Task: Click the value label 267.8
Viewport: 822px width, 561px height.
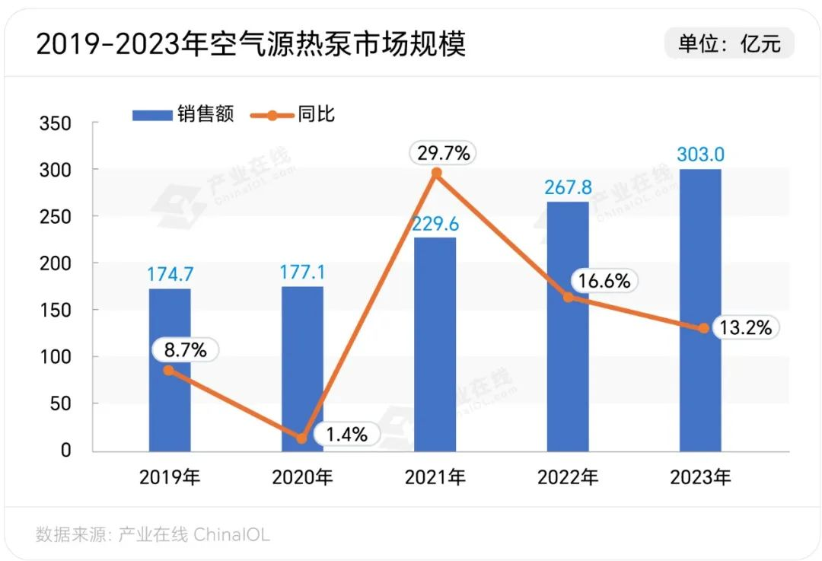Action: tap(568, 187)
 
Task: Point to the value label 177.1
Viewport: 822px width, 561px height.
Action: tap(302, 272)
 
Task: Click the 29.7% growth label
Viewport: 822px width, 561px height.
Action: tap(444, 153)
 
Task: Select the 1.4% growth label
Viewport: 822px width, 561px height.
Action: tap(346, 435)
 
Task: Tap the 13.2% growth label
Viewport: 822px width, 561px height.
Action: tap(747, 327)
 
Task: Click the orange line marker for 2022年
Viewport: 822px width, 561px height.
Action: tap(568, 298)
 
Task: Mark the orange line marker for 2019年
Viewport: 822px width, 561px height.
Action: tap(169, 370)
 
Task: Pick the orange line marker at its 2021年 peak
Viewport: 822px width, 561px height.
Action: tap(435, 174)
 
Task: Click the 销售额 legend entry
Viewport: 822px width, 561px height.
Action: tap(183, 115)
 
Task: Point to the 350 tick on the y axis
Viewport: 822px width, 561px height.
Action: tap(55, 123)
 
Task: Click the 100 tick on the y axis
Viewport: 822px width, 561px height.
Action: tap(55, 357)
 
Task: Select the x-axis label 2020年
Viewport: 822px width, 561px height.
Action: tap(302, 477)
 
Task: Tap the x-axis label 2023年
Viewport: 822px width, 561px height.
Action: tap(700, 477)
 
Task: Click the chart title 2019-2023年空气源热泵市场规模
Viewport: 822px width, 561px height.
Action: tap(250, 45)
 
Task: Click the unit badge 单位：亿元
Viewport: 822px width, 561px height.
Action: tap(729, 43)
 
